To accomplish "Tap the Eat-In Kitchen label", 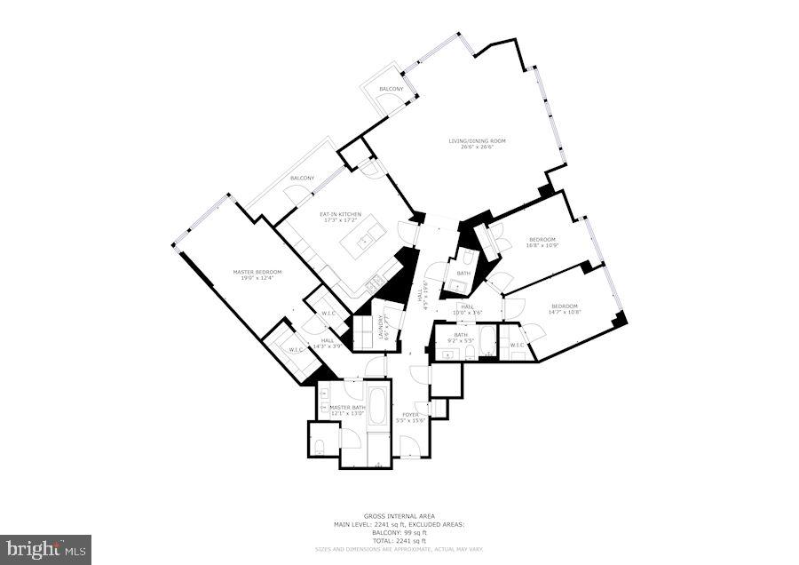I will coord(341,214).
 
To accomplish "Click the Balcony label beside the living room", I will coord(392,90).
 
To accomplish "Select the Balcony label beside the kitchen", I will coord(302,179).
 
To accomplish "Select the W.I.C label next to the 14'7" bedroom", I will coord(517,345).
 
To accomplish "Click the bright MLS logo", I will coord(45,549).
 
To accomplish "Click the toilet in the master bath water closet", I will coord(320,446).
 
